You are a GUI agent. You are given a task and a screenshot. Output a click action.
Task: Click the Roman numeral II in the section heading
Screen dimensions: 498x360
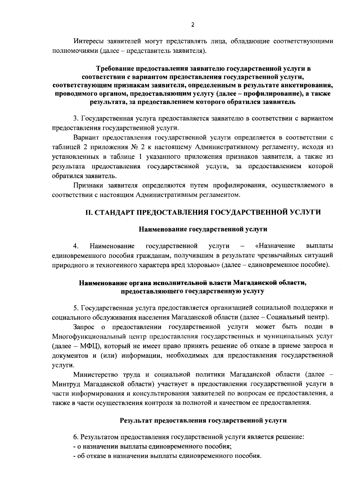[88, 213]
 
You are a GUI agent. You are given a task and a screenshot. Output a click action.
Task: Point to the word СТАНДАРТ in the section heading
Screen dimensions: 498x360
[114, 213]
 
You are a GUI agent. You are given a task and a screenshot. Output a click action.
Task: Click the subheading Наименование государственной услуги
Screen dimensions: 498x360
[203, 229]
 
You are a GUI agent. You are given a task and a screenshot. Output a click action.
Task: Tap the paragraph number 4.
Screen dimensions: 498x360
[76, 246]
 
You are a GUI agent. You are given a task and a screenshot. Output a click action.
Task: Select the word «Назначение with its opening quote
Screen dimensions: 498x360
[275, 246]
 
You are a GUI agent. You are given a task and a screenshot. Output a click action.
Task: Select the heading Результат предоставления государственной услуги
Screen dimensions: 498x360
[203, 420]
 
